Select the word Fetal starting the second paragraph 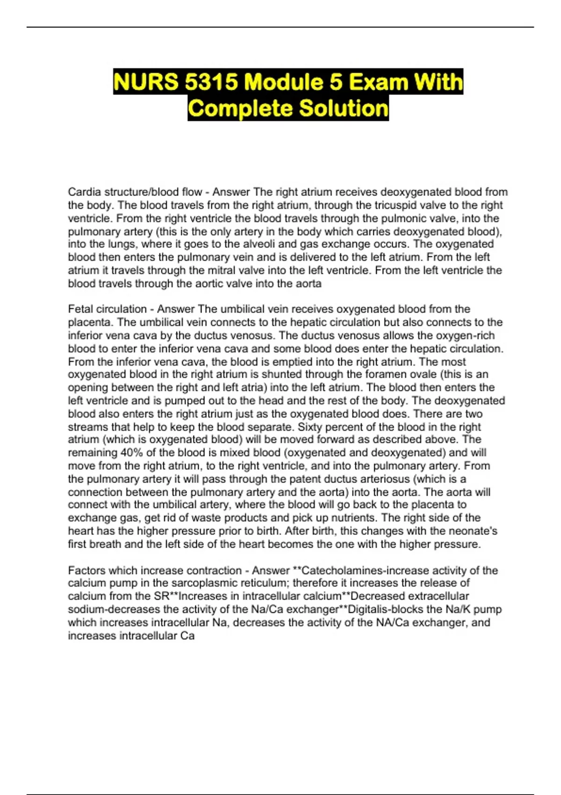click(80, 309)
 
